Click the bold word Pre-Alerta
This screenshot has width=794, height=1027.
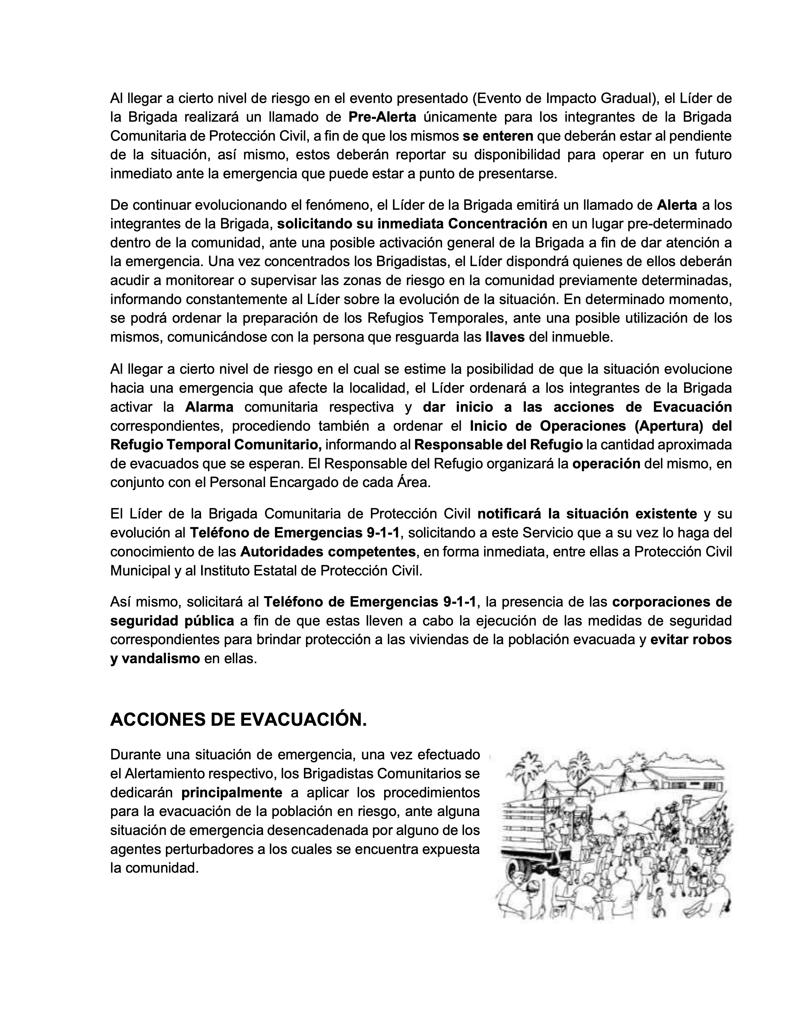click(382, 117)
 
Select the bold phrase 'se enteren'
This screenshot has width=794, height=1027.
click(498, 136)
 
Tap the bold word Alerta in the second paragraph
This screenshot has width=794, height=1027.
click(677, 205)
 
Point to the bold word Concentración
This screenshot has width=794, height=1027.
click(497, 224)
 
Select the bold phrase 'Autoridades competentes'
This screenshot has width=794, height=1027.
click(328, 551)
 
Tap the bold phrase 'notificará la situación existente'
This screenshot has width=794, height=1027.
click(587, 513)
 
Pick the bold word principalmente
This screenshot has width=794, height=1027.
click(232, 793)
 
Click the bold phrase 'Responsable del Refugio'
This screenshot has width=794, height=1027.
click(498, 445)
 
